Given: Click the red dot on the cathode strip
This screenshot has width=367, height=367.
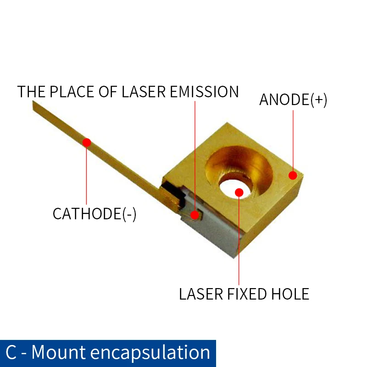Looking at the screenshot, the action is pos(87,142).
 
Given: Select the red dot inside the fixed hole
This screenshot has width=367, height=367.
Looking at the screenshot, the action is pos(239,192).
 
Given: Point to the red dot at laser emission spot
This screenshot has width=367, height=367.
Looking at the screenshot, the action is pos(195,214).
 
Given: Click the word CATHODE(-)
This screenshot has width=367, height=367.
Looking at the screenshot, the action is pos(95,214).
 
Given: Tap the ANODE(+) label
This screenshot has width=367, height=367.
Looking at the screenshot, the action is pos(293,100).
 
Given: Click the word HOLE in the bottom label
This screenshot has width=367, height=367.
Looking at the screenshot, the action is pos(289,294).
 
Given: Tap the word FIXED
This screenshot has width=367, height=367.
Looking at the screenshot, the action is pos(245,294).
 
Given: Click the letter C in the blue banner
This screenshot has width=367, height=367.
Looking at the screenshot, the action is pos(12,352).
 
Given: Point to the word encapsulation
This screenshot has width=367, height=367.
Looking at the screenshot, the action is pos(150,352).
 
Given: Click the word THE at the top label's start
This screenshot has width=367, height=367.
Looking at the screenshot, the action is pos(31,92).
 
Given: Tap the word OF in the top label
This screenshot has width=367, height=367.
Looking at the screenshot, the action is pos(107,92).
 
